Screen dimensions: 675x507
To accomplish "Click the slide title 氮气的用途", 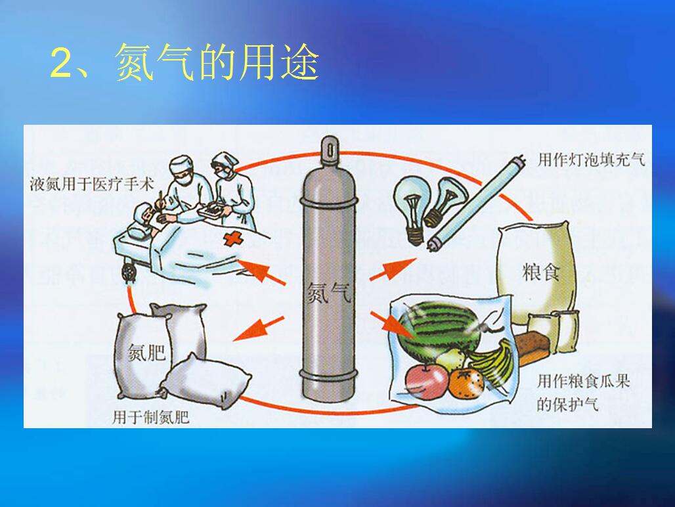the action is click(x=217, y=62).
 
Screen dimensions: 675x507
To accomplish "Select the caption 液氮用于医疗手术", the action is click(x=92, y=184).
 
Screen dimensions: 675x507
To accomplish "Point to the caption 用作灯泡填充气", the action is click(x=592, y=160).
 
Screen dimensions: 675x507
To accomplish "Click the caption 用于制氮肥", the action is click(x=150, y=416).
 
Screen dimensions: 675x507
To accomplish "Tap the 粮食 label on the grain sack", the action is click(x=540, y=272).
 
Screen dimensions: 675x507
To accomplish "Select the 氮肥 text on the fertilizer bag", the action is click(x=147, y=353).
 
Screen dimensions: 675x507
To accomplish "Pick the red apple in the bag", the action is click(x=427, y=382).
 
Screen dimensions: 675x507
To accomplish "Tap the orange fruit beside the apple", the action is click(x=467, y=383).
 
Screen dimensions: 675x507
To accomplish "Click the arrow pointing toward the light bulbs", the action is click(x=393, y=269).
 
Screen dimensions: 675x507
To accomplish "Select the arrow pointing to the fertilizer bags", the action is click(x=258, y=329).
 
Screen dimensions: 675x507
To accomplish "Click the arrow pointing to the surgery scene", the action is click(x=261, y=272).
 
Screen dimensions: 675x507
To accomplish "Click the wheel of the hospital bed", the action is click(x=128, y=273).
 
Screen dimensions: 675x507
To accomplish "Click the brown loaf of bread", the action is click(x=533, y=348).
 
